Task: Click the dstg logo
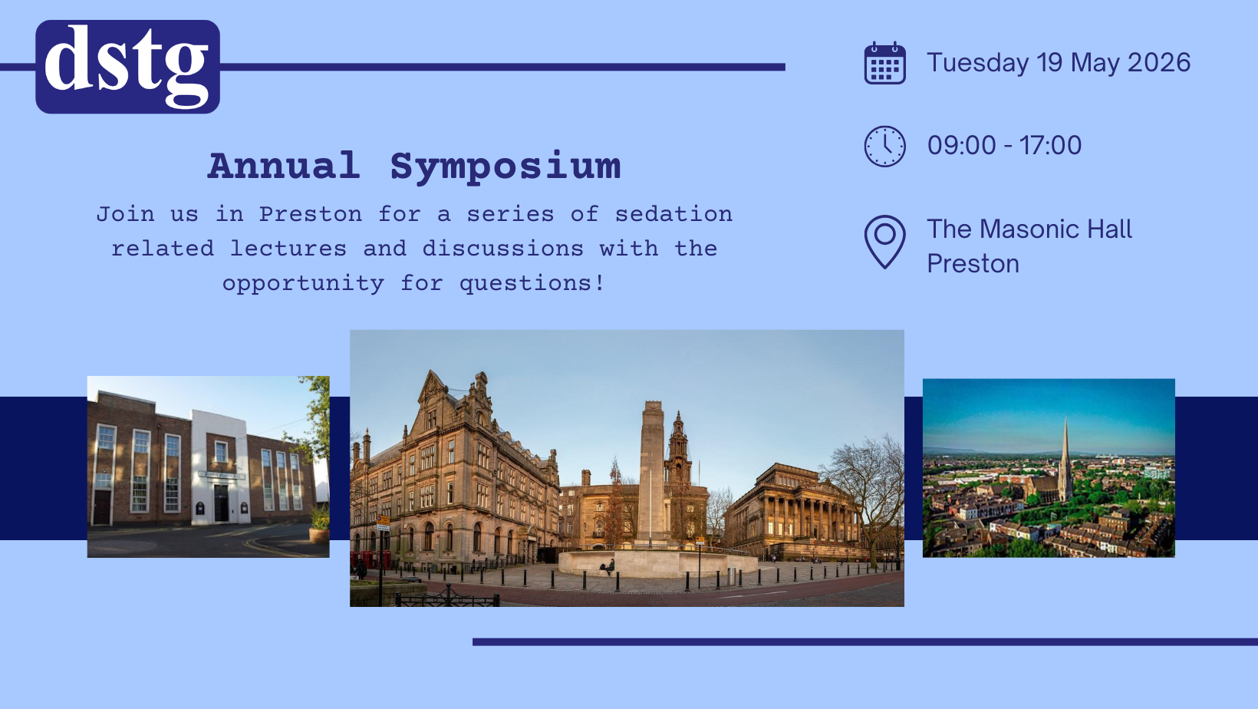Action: pyautogui.click(x=127, y=67)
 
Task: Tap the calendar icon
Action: pyautogui.click(x=884, y=63)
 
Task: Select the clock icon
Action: pyautogui.click(x=884, y=146)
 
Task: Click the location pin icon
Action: pyautogui.click(x=884, y=242)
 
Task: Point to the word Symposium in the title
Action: pyautogui.click(x=506, y=167)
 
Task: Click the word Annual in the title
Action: pyautogui.click(x=284, y=165)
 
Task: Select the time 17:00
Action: pyautogui.click(x=1050, y=146)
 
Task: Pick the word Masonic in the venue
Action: pyautogui.click(x=1029, y=229)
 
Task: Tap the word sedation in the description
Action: pyautogui.click(x=673, y=214)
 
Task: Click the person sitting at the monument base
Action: pyautogui.click(x=609, y=567)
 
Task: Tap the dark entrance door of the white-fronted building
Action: pyautogui.click(x=221, y=503)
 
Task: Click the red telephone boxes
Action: pyautogui.click(x=371, y=561)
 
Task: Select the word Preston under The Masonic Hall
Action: pyautogui.click(x=973, y=264)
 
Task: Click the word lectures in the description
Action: pyautogui.click(x=288, y=249)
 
